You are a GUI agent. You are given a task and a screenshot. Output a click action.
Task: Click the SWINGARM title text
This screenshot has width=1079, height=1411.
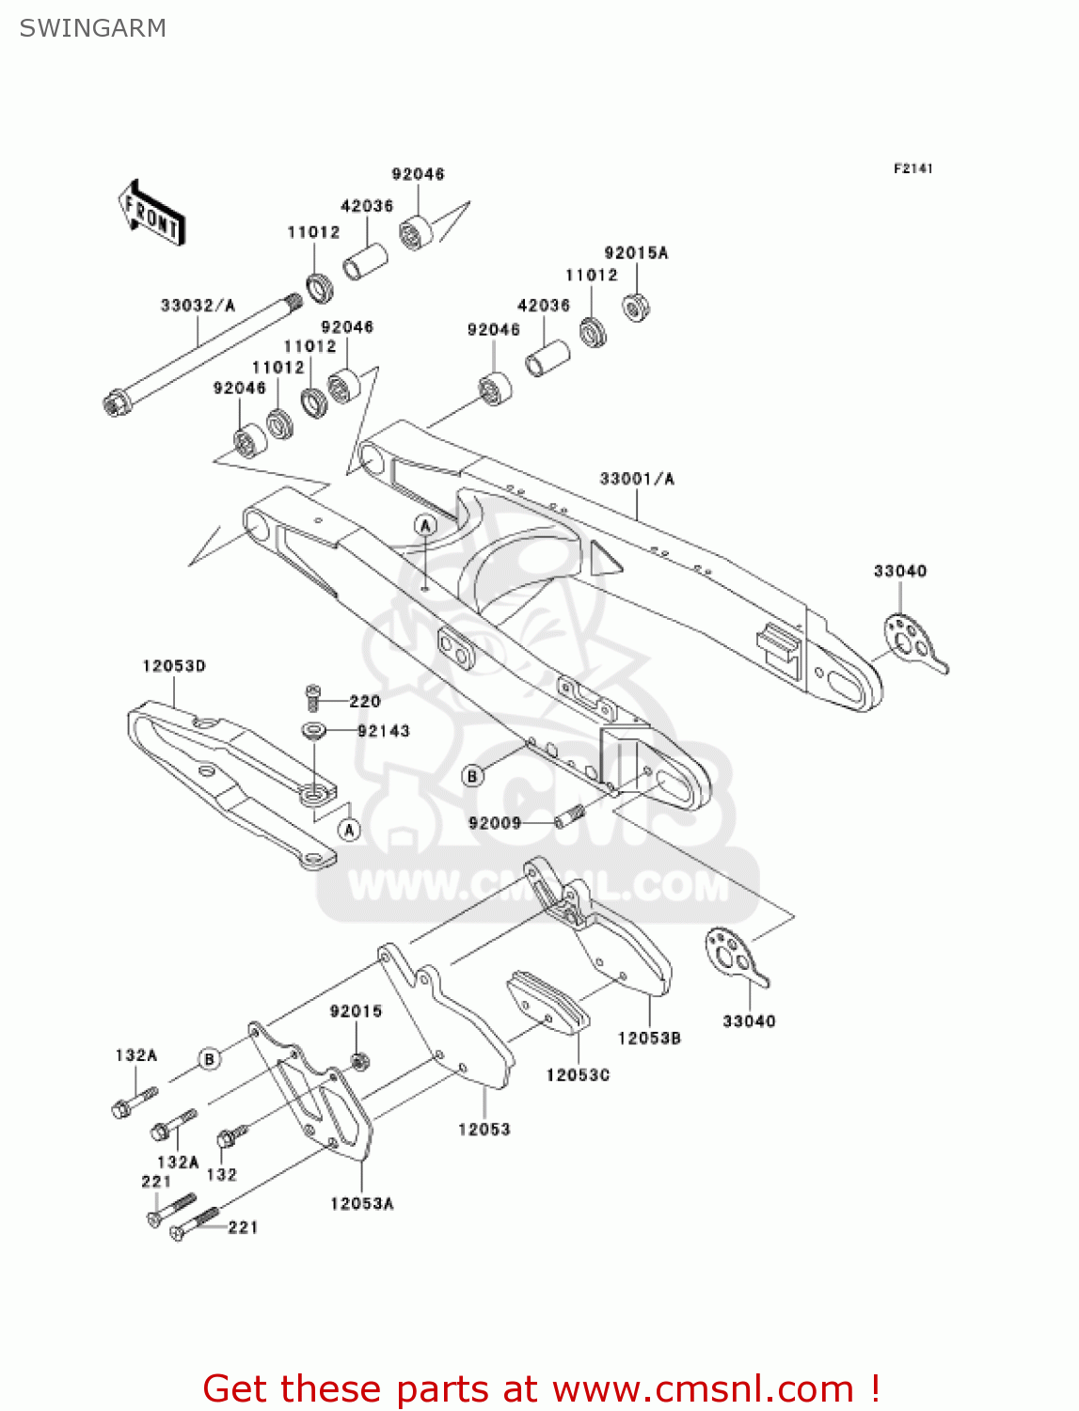92,28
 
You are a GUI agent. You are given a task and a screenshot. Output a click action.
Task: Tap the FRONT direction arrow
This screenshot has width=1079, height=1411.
151,214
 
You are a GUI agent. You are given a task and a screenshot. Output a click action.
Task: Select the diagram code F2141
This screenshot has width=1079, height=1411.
912,168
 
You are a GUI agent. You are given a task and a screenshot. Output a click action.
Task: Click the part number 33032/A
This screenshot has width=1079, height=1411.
198,306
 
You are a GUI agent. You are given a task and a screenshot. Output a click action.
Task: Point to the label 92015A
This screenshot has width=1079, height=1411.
636,253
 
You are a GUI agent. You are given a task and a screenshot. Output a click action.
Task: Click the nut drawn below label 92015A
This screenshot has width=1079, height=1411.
637,306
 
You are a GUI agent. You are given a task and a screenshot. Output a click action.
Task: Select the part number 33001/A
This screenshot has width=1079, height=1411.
637,479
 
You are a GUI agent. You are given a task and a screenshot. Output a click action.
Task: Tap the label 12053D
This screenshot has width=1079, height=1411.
174,666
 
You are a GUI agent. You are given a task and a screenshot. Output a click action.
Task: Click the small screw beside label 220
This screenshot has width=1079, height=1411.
313,698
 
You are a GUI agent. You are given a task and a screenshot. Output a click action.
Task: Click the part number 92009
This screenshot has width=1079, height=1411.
495,823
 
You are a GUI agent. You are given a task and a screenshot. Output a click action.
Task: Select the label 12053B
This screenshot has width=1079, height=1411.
649,1038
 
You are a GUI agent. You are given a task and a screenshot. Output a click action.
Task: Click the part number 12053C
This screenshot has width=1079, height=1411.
578,1074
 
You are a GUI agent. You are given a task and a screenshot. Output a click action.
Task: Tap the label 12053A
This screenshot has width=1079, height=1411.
362,1203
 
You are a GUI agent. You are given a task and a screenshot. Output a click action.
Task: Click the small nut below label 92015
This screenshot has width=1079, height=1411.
358,1061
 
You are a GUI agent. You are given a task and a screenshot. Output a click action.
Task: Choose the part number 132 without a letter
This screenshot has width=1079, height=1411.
222,1174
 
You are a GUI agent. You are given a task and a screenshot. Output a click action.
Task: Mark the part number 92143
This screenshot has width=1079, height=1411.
384,731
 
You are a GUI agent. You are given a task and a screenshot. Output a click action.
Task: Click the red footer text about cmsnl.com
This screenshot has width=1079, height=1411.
541,1388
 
